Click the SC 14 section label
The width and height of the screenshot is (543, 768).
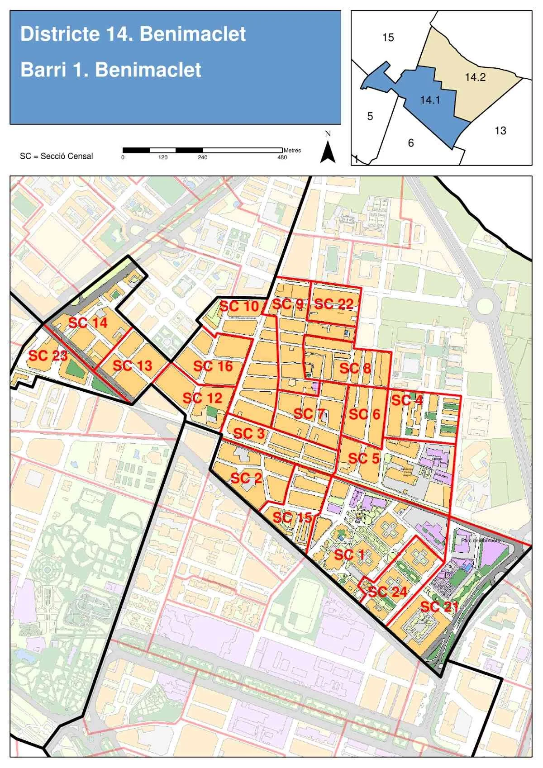(88, 322)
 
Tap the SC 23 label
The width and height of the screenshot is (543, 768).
(48, 356)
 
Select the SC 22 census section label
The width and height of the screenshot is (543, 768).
(333, 304)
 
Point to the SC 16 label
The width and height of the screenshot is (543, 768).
(213, 366)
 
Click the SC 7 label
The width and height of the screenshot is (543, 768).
(309, 413)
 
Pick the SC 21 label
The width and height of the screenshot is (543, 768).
(439, 607)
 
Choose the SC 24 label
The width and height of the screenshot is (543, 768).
(388, 591)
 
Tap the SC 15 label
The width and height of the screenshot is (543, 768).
(292, 517)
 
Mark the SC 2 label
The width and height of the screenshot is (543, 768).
(246, 478)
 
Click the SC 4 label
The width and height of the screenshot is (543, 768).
(407, 400)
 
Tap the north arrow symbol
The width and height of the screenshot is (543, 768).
(328, 149)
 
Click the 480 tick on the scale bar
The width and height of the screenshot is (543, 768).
(282, 157)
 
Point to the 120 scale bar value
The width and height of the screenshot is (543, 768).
(163, 157)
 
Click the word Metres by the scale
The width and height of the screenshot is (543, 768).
(292, 150)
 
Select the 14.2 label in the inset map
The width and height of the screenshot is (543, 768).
(475, 77)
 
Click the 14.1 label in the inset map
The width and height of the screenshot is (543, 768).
(430, 100)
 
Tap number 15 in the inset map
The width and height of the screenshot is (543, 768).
(388, 38)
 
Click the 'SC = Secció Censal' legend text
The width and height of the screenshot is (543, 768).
(57, 156)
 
